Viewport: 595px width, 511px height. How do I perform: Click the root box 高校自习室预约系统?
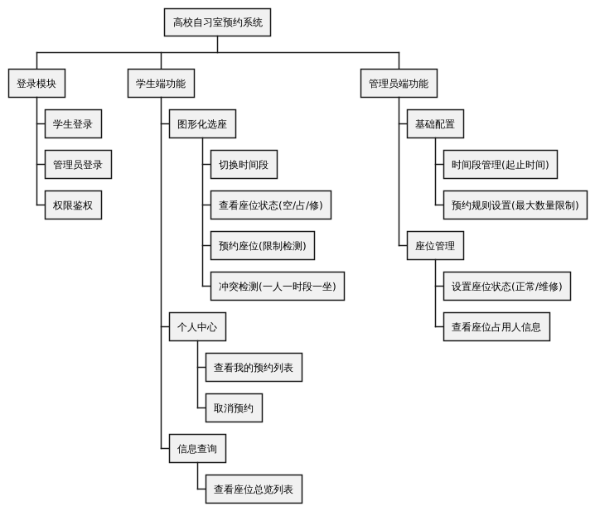tap(217, 22)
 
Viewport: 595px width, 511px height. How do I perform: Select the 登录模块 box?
tap(36, 84)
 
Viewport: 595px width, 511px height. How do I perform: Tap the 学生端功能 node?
tap(161, 84)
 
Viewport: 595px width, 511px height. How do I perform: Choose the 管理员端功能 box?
tap(399, 84)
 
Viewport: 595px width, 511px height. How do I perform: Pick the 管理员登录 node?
tap(77, 164)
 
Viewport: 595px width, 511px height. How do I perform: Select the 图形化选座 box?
tap(201, 124)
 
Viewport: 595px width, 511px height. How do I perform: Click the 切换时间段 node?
tap(243, 164)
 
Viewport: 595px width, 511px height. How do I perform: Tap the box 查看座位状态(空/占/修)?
tap(270, 205)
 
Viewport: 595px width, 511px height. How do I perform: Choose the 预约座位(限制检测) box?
tap(267, 245)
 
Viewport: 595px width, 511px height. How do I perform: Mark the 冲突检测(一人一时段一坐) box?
tap(276, 286)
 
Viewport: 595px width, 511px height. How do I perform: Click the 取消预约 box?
tap(234, 407)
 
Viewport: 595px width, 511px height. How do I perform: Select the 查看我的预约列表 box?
tap(253, 367)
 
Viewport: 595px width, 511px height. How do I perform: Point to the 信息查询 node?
tap(196, 448)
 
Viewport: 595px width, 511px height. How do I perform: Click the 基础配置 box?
tap(434, 124)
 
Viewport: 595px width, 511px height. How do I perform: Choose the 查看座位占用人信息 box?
tap(496, 326)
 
